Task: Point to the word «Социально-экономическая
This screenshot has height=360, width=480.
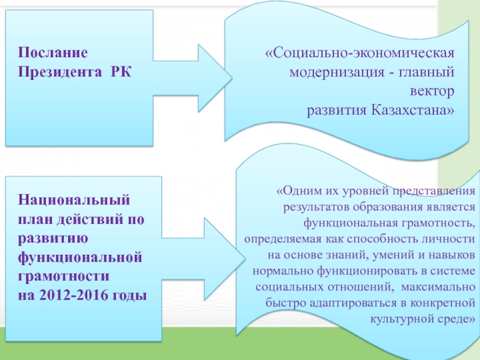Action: pyautogui.click(x=359, y=53)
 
